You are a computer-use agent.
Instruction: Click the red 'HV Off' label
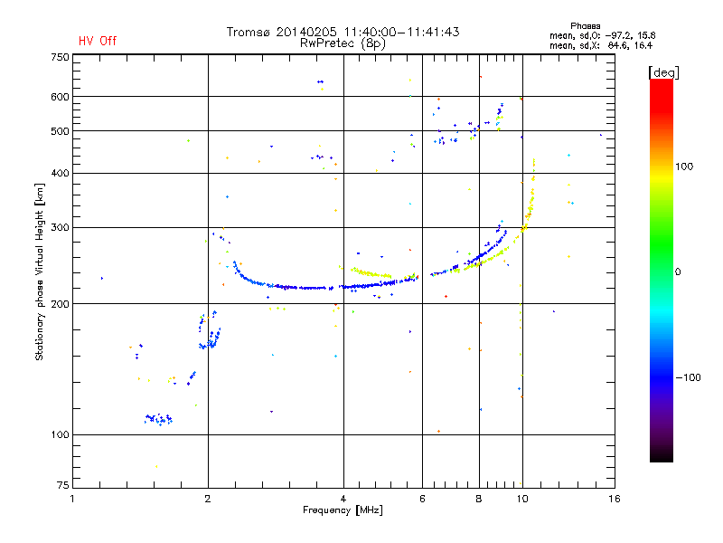click(98, 41)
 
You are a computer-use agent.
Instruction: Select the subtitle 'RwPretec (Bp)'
click(343, 43)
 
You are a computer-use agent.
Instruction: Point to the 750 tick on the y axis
click(60, 57)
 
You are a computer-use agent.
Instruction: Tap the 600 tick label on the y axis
click(60, 97)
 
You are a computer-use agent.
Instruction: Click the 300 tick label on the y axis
click(60, 227)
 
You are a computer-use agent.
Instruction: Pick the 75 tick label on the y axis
click(62, 487)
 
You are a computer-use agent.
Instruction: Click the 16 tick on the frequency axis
click(614, 499)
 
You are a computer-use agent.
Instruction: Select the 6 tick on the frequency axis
click(423, 499)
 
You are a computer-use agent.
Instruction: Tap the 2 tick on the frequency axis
click(208, 499)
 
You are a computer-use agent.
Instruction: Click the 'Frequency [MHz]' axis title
click(343, 510)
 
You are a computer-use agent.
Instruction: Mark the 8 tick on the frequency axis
click(480, 499)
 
